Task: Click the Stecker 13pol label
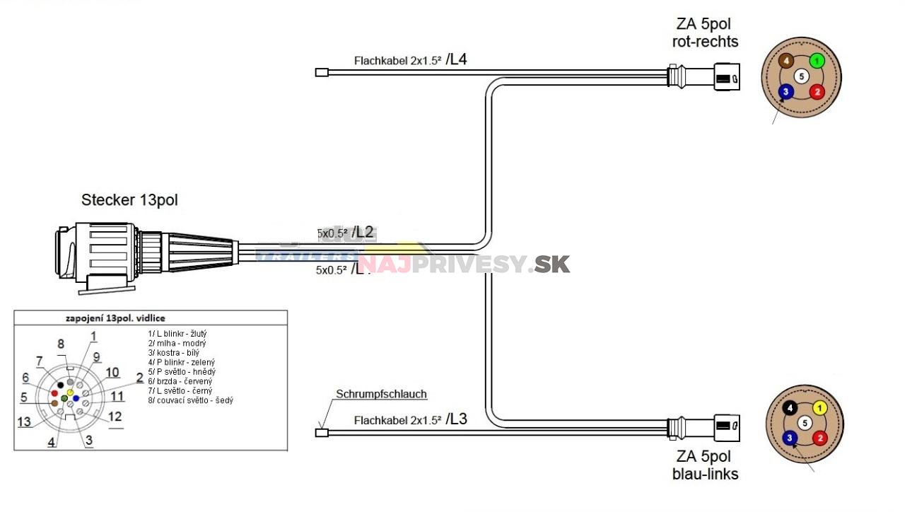pyautogui.click(x=129, y=200)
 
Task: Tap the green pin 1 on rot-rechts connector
pyautogui.click(x=817, y=62)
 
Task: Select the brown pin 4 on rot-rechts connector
pyautogui.click(x=786, y=62)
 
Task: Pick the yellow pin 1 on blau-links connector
pyautogui.click(x=819, y=408)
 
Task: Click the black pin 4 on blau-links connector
pyautogui.click(x=790, y=408)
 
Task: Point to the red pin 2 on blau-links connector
pyautogui.click(x=819, y=438)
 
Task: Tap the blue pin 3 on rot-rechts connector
pyautogui.click(x=785, y=91)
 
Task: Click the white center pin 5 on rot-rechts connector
pyautogui.click(x=801, y=76)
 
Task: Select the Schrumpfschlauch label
pyautogui.click(x=381, y=394)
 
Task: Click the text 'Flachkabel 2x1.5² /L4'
pyautogui.click(x=410, y=60)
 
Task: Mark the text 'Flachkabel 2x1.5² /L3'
pyautogui.click(x=410, y=419)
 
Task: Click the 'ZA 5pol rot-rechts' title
pyautogui.click(x=705, y=33)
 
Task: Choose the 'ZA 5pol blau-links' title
pyautogui.click(x=705, y=465)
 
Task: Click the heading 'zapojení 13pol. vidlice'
pyautogui.click(x=116, y=318)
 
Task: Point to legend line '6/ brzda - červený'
pyautogui.click(x=182, y=381)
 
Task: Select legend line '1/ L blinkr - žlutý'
pyautogui.click(x=177, y=333)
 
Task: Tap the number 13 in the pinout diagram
pyautogui.click(x=25, y=422)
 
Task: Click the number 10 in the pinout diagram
pyautogui.click(x=112, y=372)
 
